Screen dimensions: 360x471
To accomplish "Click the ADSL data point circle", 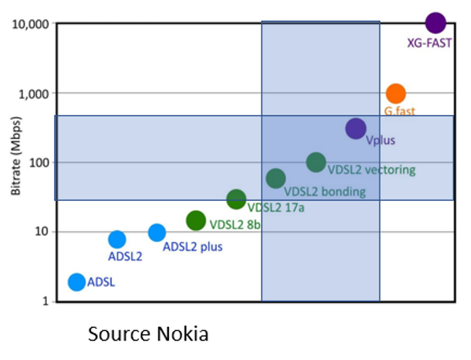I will [x=77, y=282].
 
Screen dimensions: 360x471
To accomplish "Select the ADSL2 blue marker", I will [x=117, y=239].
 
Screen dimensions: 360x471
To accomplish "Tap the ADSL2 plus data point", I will [x=157, y=232].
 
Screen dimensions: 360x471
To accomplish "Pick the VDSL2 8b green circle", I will [x=196, y=220].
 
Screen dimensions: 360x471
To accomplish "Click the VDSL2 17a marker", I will [x=236, y=199].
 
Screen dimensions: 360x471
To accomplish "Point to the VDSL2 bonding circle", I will [x=276, y=178].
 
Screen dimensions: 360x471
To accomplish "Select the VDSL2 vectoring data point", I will [x=316, y=162].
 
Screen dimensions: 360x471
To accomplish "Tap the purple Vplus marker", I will [x=355, y=129].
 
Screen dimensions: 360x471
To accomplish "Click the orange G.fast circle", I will [x=395, y=93].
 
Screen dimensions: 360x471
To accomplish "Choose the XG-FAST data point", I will [x=435, y=22].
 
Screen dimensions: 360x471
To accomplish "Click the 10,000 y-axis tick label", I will [x=30, y=24].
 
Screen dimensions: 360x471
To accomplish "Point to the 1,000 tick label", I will [x=34, y=93].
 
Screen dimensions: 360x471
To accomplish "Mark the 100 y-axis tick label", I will [x=38, y=163].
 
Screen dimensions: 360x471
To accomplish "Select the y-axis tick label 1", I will [x=45, y=301].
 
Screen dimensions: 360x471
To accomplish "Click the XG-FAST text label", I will [x=429, y=43].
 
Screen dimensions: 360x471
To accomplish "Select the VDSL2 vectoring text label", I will [x=371, y=170].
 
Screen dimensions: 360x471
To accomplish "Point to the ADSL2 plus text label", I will [x=193, y=247].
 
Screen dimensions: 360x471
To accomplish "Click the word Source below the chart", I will [x=116, y=334].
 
